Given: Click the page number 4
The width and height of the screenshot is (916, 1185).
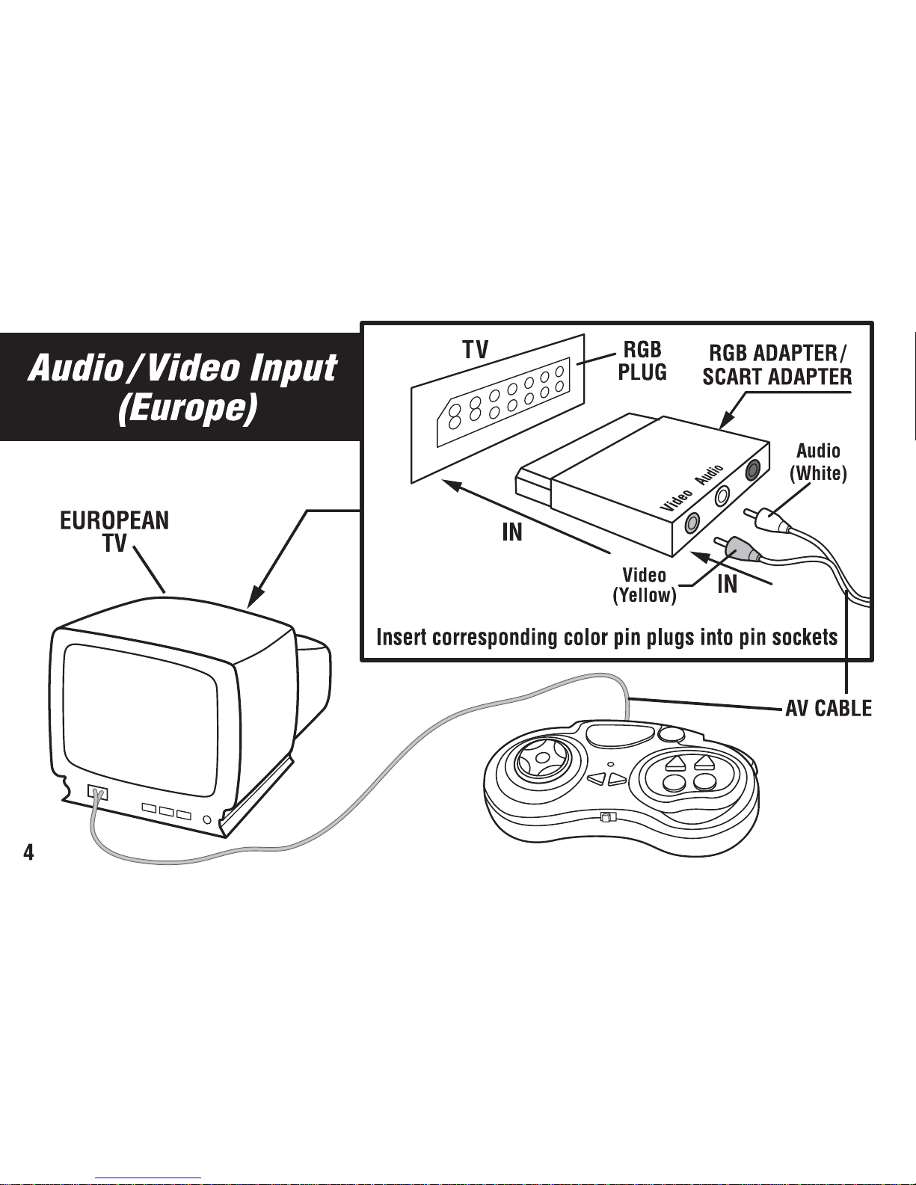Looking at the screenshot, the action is pyautogui.click(x=28, y=852).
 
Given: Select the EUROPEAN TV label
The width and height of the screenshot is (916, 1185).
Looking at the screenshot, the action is pyautogui.click(x=114, y=532).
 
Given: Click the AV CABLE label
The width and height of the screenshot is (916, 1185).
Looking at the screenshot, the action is pyautogui.click(x=829, y=708).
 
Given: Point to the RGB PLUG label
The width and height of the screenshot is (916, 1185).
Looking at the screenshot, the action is pyautogui.click(x=642, y=360).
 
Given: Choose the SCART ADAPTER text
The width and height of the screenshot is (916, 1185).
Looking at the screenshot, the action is pyautogui.click(x=777, y=377).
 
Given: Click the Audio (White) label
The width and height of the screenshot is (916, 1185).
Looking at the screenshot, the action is pyautogui.click(x=818, y=462).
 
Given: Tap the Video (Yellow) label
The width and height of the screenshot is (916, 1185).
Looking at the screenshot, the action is pyautogui.click(x=645, y=585).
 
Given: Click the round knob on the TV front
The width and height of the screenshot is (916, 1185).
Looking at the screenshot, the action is pyautogui.click(x=206, y=819).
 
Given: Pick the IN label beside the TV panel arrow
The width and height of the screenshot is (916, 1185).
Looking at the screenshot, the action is pyautogui.click(x=512, y=532).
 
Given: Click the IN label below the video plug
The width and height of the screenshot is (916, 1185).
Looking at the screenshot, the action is pyautogui.click(x=728, y=584).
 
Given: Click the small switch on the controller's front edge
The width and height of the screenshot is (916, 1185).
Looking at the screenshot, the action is pyautogui.click(x=605, y=816).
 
